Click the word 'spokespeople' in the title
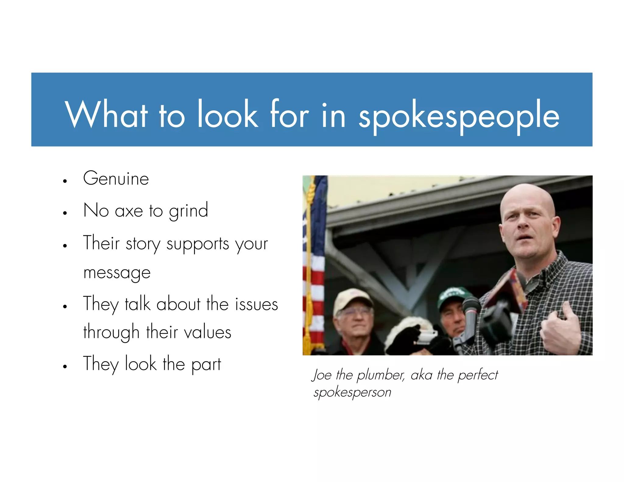(x=459, y=116)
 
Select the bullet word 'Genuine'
(x=116, y=179)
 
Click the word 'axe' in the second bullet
(x=129, y=211)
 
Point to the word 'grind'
(x=188, y=211)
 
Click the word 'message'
(x=117, y=273)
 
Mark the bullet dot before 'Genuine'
(x=65, y=181)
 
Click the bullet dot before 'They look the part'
(x=65, y=367)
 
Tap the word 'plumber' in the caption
(x=381, y=375)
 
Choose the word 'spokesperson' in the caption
(x=352, y=392)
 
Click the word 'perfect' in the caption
(x=478, y=375)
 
